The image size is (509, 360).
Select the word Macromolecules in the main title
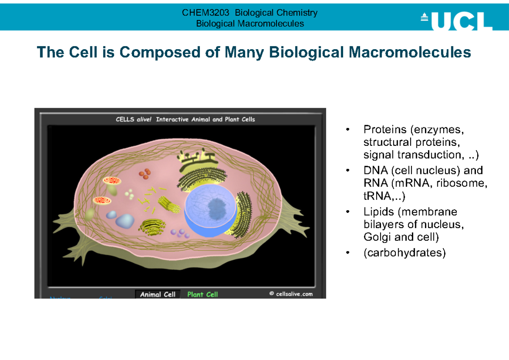[x=410, y=53]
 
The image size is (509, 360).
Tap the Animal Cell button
[x=158, y=294]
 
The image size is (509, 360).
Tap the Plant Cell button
[x=203, y=294]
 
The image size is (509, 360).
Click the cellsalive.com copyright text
[x=291, y=294]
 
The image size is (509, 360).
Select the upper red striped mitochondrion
[x=112, y=181]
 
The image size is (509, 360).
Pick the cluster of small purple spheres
[x=180, y=232]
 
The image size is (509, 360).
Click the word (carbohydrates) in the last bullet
[x=405, y=253]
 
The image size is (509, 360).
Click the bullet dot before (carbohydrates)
[x=348, y=253]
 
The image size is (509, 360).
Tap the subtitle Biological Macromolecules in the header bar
[x=250, y=23]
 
